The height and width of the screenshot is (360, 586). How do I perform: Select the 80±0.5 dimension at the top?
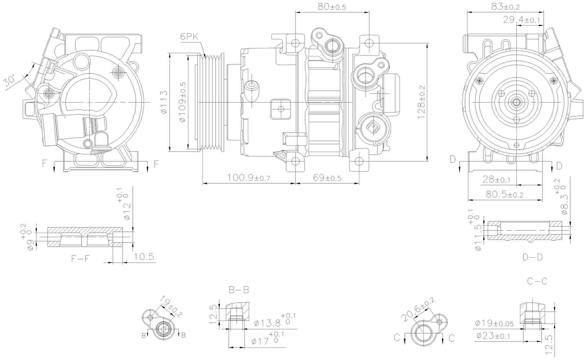click(331, 7)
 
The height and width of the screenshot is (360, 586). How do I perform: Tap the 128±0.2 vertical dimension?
click(421, 102)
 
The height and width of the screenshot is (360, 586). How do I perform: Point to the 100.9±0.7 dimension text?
click(249, 178)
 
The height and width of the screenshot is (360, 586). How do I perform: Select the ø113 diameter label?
click(164, 102)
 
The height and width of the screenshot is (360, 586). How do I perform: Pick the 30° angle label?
click(10, 81)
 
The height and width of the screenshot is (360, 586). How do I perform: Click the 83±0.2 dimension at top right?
click(505, 7)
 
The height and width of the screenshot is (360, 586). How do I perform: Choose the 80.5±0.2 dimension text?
click(504, 194)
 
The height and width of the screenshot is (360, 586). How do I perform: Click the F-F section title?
click(80, 259)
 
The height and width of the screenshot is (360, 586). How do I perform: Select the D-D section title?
click(532, 257)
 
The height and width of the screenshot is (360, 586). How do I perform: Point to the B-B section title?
click(239, 290)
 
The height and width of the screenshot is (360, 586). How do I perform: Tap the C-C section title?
click(537, 281)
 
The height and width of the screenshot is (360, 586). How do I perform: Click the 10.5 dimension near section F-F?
click(144, 257)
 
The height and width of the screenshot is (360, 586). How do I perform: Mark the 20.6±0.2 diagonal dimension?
click(418, 309)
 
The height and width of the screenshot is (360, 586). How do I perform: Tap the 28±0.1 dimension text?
click(496, 179)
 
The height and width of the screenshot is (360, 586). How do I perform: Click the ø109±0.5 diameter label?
click(182, 102)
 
